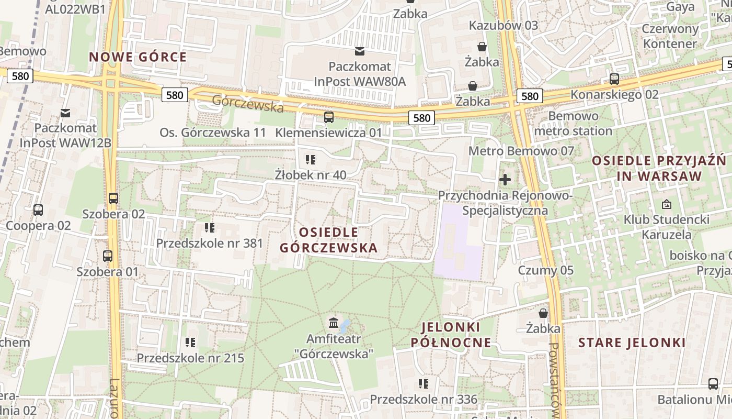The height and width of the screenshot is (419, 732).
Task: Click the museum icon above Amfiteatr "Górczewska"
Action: [x=333, y=321]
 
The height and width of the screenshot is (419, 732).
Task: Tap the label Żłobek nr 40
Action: [x=311, y=175]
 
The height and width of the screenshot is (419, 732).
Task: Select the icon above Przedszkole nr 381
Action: [x=210, y=228]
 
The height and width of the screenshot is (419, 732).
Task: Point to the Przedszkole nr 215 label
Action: [x=190, y=358]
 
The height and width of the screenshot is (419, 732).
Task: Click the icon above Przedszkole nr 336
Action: [x=424, y=384]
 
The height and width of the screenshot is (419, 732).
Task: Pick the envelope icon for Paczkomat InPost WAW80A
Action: [x=360, y=51]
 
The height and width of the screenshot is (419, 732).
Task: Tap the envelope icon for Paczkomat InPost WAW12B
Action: [x=65, y=113]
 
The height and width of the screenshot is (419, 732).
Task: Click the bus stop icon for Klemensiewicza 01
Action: [x=329, y=117]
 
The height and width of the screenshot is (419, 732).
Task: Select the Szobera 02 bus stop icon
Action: [x=113, y=199]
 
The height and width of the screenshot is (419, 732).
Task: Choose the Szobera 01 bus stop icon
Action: [x=108, y=256]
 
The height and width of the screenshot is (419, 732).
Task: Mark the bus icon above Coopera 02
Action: [x=38, y=210]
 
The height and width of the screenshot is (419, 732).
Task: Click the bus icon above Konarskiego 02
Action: [x=614, y=79]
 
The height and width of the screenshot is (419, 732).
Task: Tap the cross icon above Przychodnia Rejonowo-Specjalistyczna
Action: [x=505, y=180]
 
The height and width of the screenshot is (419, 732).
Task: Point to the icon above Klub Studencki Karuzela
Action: [x=666, y=204]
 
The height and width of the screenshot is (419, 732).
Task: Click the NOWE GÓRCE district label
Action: [x=138, y=57]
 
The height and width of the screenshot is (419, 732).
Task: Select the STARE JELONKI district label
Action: [x=632, y=343]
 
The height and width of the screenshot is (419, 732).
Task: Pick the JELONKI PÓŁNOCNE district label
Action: [x=451, y=335]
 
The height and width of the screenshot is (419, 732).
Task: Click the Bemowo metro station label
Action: [x=573, y=124]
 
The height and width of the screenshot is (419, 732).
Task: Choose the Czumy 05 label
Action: [x=545, y=271]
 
